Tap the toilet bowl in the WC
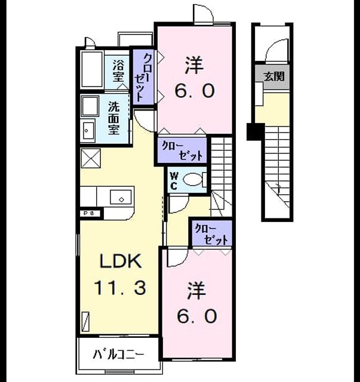click(x=193, y=180)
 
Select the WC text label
click(x=174, y=181)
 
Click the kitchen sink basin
click(x=121, y=197)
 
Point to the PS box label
click(x=89, y=213)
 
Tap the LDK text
click(x=121, y=261)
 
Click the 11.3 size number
click(x=120, y=288)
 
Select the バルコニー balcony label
click(x=118, y=354)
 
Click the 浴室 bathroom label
click(x=118, y=71)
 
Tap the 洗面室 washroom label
click(x=113, y=118)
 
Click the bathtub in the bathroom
click(x=92, y=69)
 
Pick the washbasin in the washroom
click(x=88, y=131)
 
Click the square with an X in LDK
click(x=90, y=158)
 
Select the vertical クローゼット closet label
click(x=143, y=77)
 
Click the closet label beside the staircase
click(x=182, y=151)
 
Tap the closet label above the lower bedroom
click(x=211, y=234)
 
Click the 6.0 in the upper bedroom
click(x=194, y=91)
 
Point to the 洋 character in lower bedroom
click(x=196, y=291)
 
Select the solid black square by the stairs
click(x=255, y=132)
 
